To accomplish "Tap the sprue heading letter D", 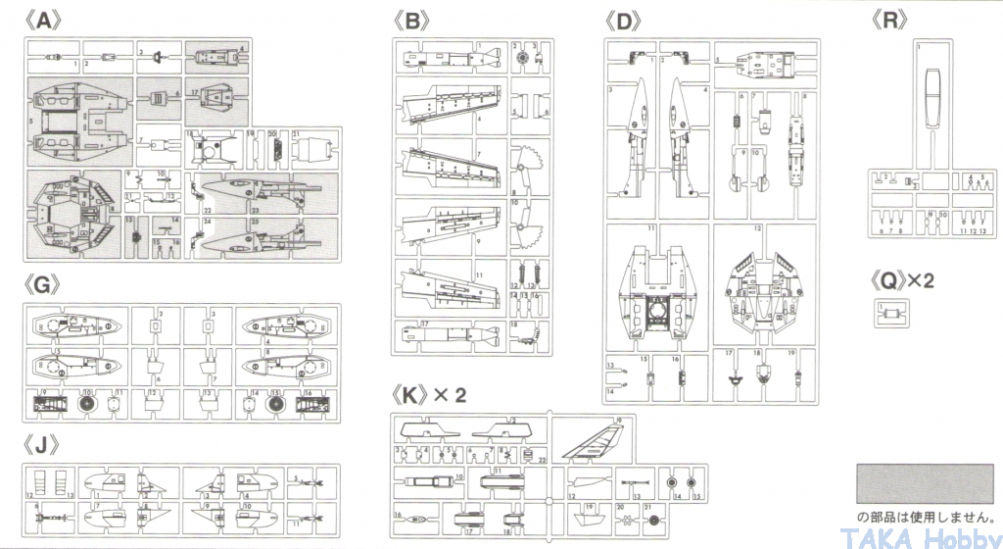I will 624,20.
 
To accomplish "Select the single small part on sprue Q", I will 890,313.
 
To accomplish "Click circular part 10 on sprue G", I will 87,403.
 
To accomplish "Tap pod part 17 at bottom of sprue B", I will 453,333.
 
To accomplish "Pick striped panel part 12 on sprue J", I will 41,481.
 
